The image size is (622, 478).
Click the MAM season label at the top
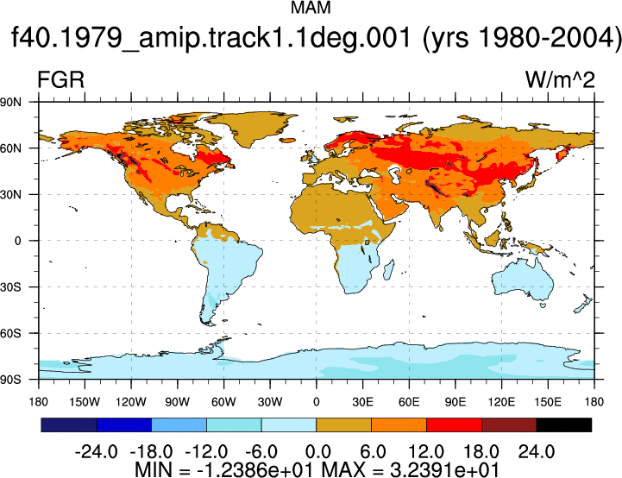(311, 8)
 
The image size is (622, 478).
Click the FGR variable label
(60, 79)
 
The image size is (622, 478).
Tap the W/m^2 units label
(560, 79)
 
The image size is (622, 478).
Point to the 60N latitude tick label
(10, 148)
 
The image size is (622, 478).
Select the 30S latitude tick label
(10, 287)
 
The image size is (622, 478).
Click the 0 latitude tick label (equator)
(17, 241)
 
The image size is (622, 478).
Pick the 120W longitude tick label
(131, 402)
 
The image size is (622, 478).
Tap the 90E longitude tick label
(455, 402)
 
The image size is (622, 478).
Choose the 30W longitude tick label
(270, 402)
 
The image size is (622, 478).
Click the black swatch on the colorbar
(563, 425)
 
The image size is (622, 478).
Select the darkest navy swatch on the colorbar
(69, 425)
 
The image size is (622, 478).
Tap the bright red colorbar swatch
(454, 425)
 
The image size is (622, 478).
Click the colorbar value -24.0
(96, 451)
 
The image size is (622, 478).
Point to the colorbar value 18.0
(481, 451)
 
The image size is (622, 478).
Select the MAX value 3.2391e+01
(444, 469)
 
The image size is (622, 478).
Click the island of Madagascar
(389, 269)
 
